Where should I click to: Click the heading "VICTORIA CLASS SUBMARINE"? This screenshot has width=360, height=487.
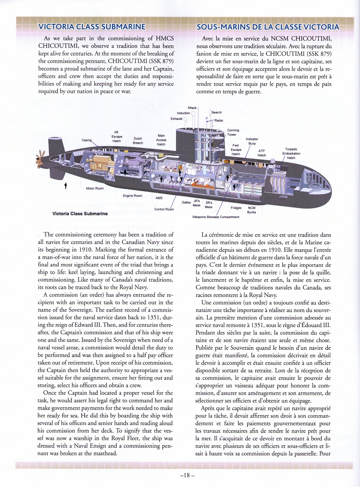(x=92, y=27)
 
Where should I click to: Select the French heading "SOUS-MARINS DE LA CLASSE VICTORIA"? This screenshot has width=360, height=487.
(x=268, y=27)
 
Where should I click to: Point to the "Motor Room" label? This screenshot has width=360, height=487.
(x=95, y=188)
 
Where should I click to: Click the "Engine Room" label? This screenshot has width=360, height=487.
(x=132, y=196)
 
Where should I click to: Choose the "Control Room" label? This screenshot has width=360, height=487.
(x=164, y=209)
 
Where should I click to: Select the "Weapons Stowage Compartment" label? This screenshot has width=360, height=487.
(x=216, y=217)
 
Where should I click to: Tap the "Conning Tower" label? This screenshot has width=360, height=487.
(x=233, y=133)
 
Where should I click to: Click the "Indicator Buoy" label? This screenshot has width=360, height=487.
(x=252, y=141)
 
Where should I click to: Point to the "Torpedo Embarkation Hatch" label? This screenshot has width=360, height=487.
(x=291, y=153)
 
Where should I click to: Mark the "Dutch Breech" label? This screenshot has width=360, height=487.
(x=138, y=140)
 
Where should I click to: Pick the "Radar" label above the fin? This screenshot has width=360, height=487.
(x=219, y=120)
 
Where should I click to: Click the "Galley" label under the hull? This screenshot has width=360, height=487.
(x=186, y=202)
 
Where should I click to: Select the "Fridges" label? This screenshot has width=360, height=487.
(x=236, y=208)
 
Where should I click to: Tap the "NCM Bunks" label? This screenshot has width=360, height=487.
(x=252, y=210)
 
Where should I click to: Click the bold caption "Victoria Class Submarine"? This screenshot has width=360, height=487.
(x=80, y=214)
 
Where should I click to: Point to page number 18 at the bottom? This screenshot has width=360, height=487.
(x=187, y=475)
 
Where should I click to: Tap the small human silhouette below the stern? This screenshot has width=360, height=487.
(x=66, y=186)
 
